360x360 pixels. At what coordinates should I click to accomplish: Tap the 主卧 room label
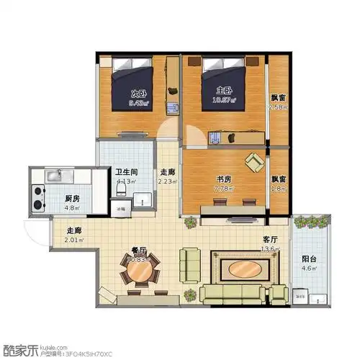224,91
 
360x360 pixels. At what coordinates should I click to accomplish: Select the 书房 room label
223,179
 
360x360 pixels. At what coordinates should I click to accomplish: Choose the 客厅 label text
270,240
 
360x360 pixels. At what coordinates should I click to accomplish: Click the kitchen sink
55,176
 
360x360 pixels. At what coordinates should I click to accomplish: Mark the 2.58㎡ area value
278,107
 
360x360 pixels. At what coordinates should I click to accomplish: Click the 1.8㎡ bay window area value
278,189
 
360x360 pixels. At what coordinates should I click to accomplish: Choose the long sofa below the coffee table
232,292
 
